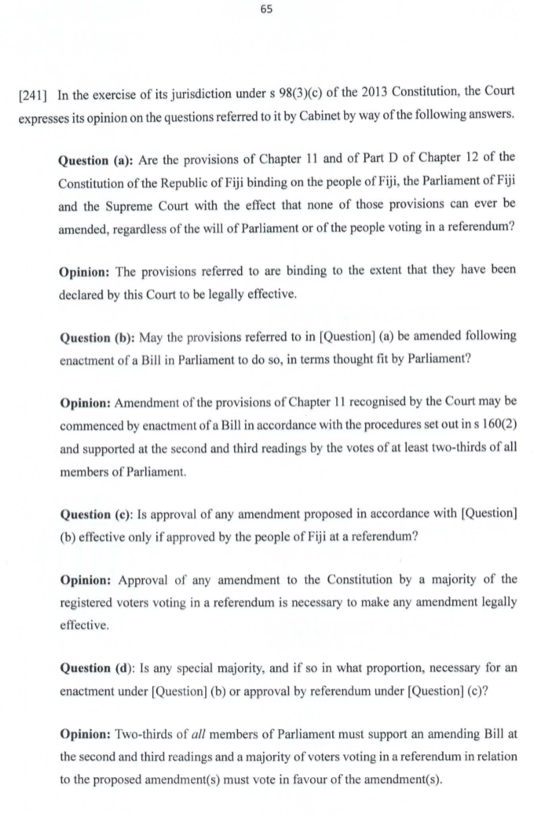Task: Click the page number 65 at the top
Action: coord(273,9)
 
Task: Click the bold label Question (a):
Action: coord(96,161)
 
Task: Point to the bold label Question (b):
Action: coord(97,336)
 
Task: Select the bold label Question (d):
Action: coord(97,669)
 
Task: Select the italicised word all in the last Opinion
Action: coord(205,735)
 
